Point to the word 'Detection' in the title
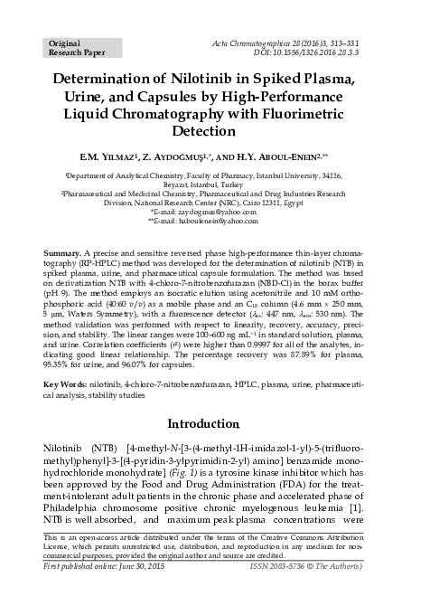click(214, 133)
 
